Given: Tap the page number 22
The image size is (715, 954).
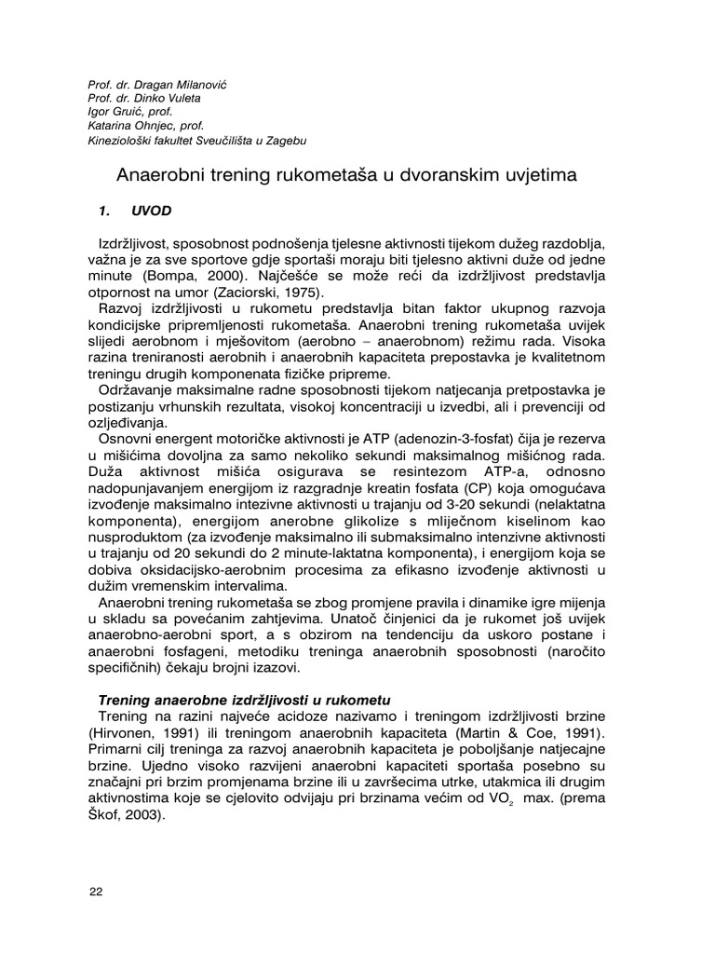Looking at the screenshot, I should coord(95,892).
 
